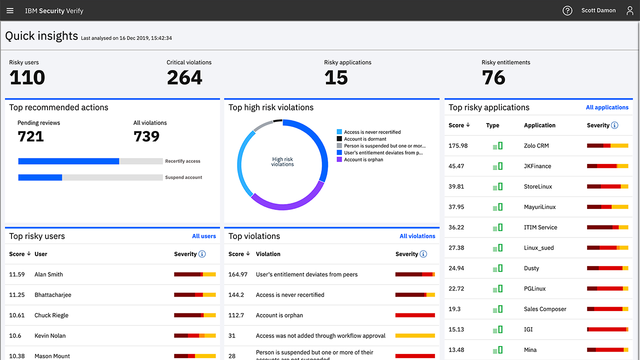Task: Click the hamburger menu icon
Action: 10,10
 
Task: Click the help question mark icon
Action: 567,10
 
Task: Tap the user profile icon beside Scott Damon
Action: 630,10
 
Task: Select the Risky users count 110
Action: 27,77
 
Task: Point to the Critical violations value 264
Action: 184,77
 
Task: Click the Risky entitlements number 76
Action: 493,77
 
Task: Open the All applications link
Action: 607,107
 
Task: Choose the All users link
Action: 204,236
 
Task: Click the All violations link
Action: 417,236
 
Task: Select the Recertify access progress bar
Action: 90,161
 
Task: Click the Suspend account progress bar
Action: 90,177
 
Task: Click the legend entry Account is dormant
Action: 365,139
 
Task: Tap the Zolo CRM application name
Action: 536,146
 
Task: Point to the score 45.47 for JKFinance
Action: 456,166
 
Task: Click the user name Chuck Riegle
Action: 51,315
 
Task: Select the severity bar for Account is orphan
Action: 415,315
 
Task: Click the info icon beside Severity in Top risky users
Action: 202,254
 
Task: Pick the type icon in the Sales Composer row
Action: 497,309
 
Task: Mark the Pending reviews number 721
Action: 30,136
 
